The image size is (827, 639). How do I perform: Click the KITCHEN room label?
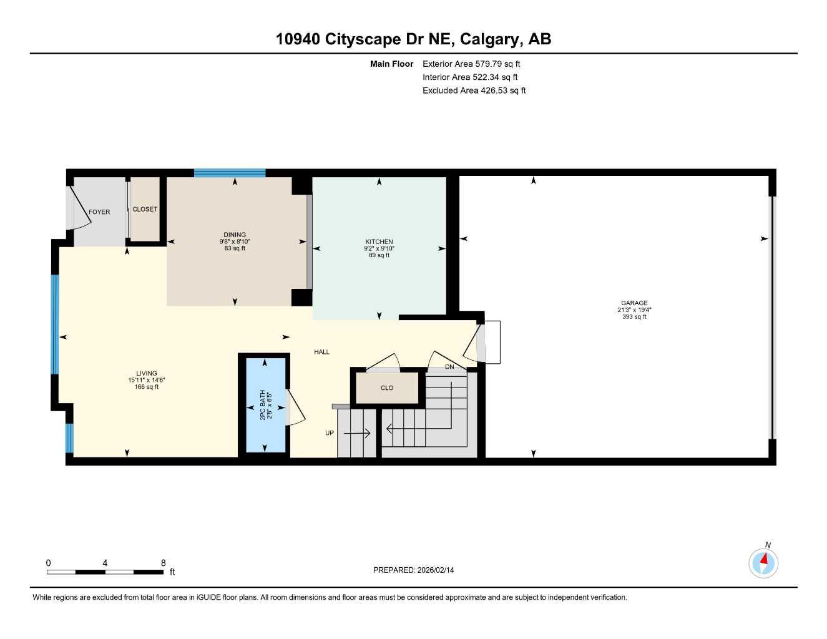379,241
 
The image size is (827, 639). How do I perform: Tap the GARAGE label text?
634,303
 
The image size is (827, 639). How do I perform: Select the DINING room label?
235,235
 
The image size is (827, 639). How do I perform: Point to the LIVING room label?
147,373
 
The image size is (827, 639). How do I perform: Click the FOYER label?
99,212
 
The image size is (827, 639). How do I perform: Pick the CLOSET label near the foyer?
145,209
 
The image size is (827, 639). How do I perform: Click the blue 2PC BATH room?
265,406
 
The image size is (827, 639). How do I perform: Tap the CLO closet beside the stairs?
387,388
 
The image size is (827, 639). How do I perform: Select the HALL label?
321,352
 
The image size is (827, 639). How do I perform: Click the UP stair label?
329,433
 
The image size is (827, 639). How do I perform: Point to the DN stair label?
449,367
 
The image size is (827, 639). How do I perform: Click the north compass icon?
763,563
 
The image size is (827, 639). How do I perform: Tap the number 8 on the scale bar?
164,563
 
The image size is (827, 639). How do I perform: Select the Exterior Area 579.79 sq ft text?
471,64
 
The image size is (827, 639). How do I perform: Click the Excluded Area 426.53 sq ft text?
474,90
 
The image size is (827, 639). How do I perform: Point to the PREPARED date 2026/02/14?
414,570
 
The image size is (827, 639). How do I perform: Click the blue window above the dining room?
230,173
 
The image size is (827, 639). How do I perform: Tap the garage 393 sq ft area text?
634,317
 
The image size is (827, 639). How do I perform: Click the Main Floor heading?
391,64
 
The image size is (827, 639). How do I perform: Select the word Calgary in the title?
491,39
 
